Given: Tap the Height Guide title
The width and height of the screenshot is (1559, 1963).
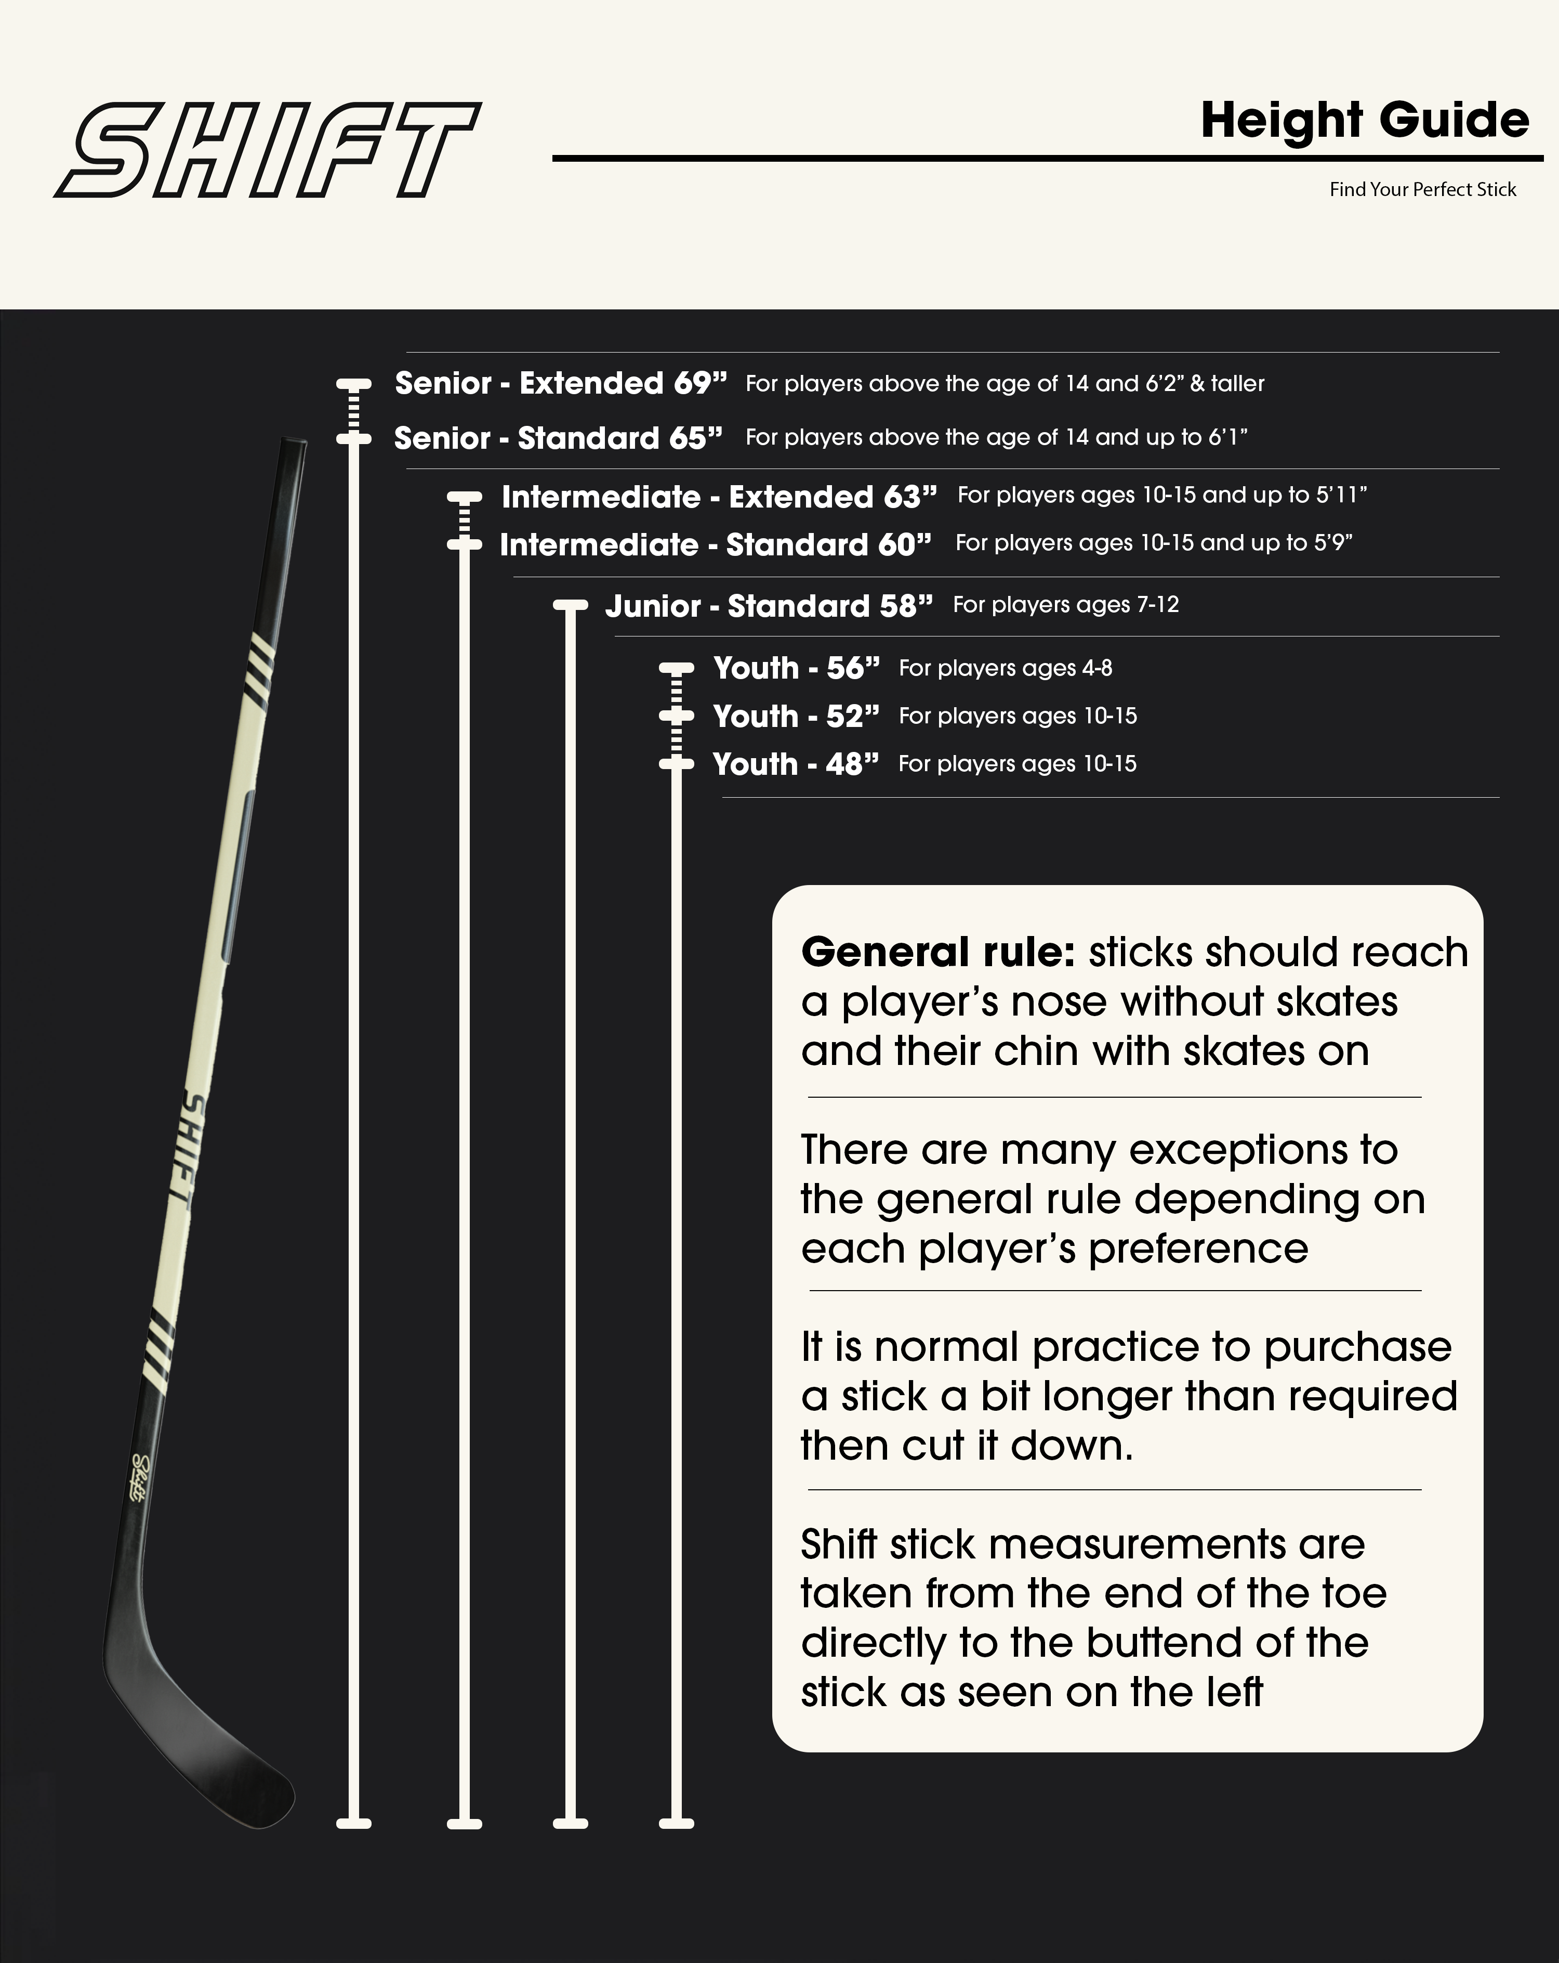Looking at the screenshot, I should pyautogui.click(x=1364, y=120).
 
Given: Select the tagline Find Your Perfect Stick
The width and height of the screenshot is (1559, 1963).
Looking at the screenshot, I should pyautogui.click(x=1422, y=189).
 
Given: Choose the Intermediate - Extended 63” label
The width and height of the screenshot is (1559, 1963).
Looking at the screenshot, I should pyautogui.click(x=718, y=497).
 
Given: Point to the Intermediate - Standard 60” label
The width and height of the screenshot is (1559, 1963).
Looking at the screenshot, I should pyautogui.click(x=716, y=544).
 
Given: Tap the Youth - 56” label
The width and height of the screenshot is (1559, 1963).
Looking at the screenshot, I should pyautogui.click(x=796, y=668).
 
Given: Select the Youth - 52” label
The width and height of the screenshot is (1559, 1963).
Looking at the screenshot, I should pyautogui.click(x=796, y=717).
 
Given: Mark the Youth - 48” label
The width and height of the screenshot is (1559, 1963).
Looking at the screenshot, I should pyautogui.click(x=796, y=764).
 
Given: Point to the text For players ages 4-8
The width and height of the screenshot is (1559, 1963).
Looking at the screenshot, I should pyautogui.click(x=1005, y=668).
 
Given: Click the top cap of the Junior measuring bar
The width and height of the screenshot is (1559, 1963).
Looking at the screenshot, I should pyautogui.click(x=571, y=605).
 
